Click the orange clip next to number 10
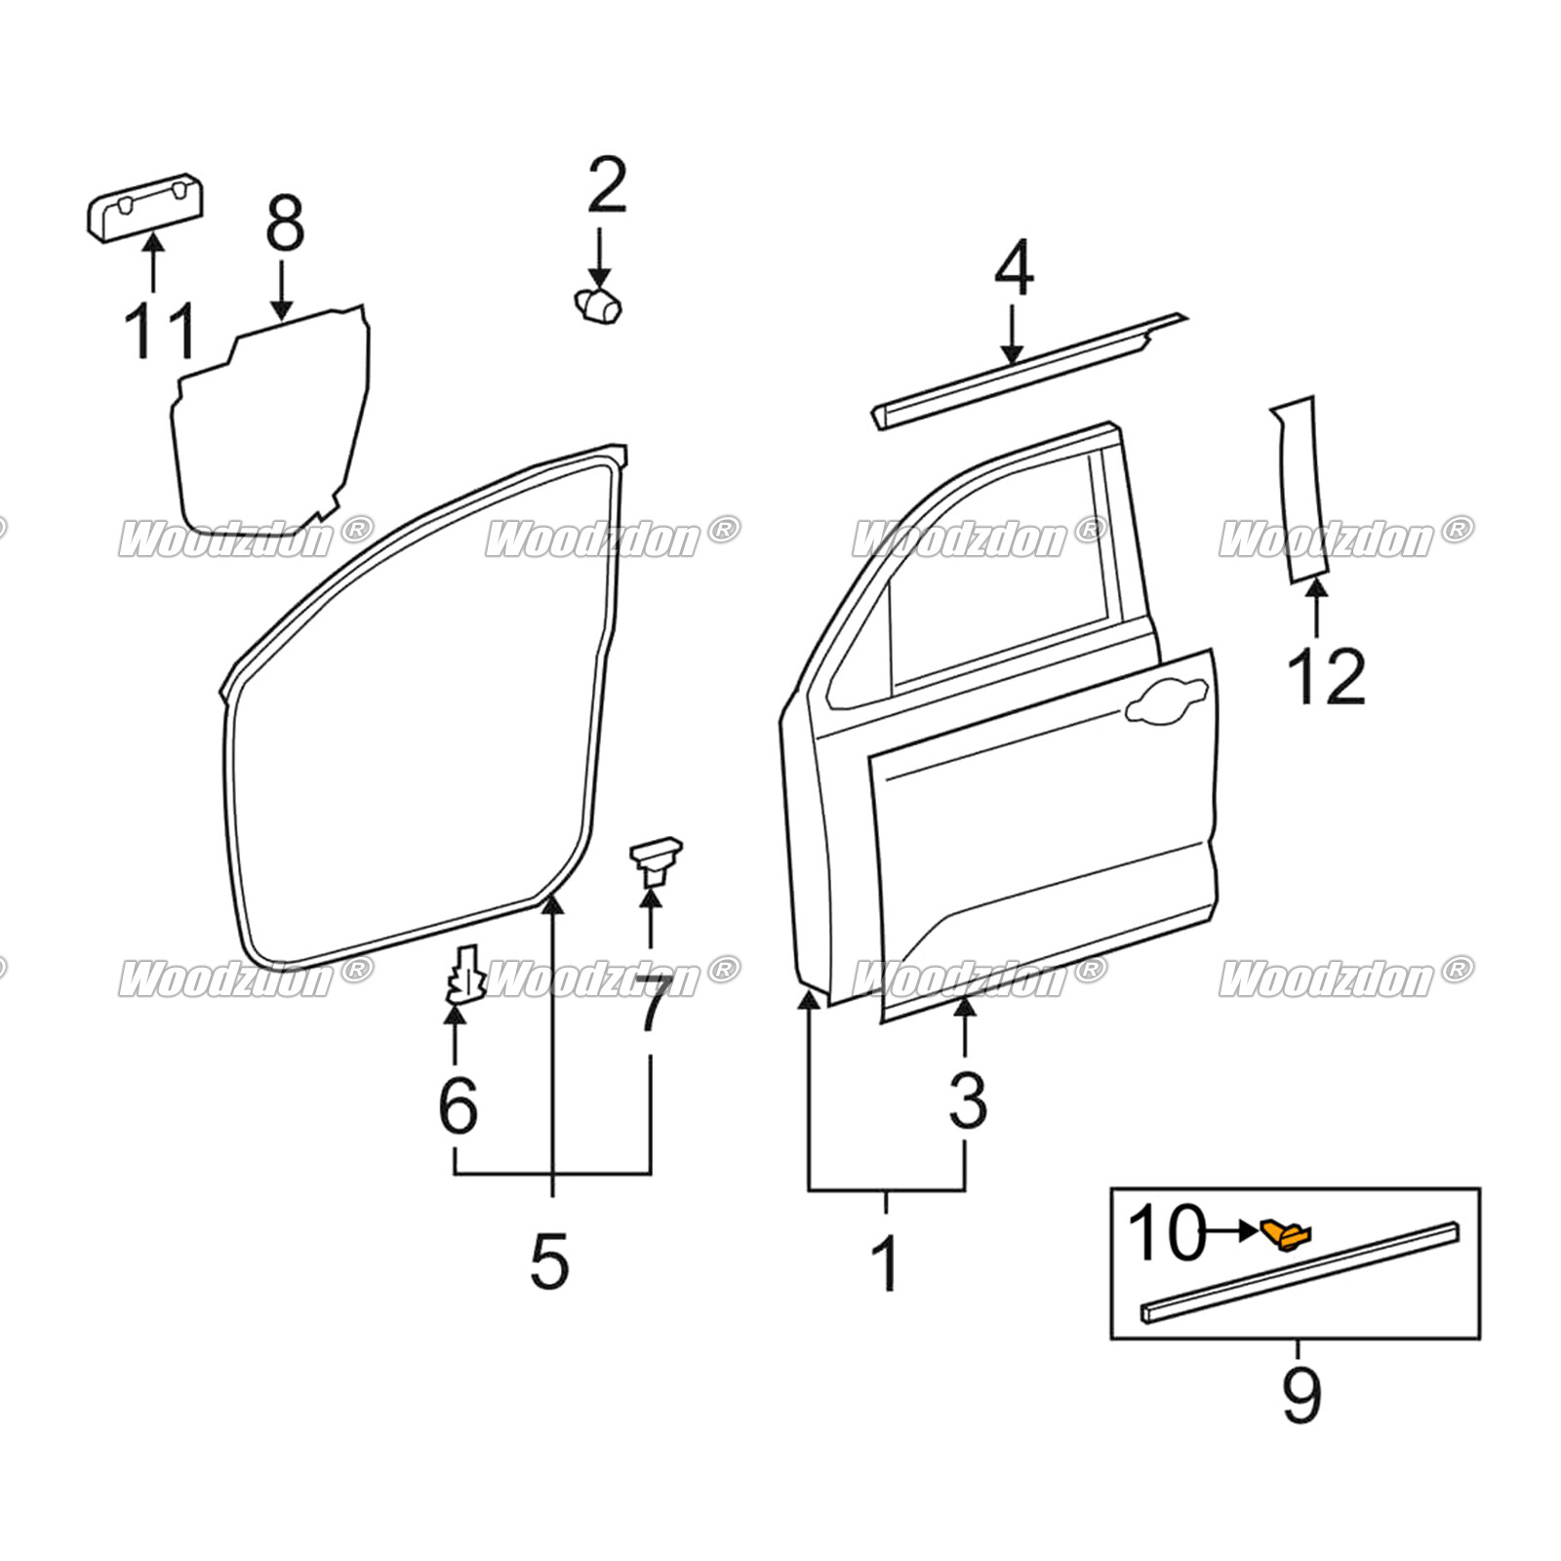click(1286, 1235)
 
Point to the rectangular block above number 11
click(145, 206)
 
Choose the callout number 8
click(285, 223)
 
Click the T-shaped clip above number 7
click(654, 859)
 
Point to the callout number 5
click(549, 1261)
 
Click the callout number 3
click(967, 1100)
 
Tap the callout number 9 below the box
click(1301, 1395)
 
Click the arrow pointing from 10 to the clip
click(1231, 1231)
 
